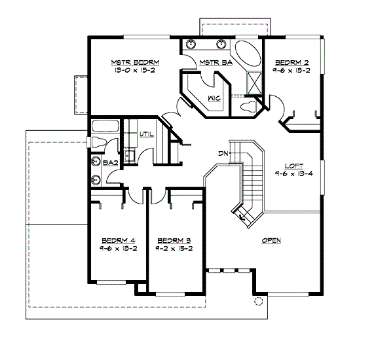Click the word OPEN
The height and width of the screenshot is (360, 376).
271,241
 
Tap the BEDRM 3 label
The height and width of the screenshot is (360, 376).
174,240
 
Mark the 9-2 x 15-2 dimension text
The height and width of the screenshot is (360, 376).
174,248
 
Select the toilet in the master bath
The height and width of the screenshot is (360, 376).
248,107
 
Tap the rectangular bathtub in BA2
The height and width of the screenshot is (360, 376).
105,126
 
